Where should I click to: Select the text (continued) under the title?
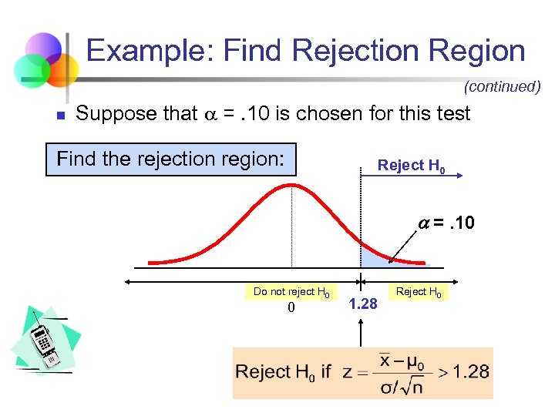[503, 86]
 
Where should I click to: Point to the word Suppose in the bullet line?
[113, 114]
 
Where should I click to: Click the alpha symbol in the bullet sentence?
[211, 115]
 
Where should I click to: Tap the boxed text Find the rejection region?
[171, 159]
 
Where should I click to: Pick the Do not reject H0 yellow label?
[291, 292]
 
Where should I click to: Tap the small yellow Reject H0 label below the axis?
[419, 291]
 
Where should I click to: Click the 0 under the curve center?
[291, 308]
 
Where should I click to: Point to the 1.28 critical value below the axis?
[363, 304]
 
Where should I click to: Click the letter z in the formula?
[347, 372]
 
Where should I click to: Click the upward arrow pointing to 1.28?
[360, 331]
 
